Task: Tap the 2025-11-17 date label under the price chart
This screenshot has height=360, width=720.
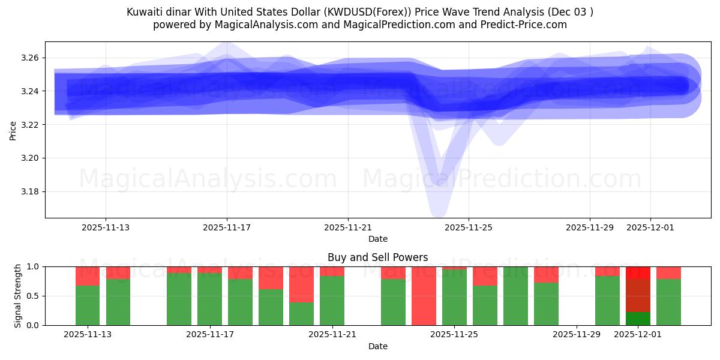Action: (227, 228)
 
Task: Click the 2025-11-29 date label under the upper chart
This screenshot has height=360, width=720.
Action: (589, 228)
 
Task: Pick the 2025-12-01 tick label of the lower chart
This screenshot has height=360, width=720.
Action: (638, 335)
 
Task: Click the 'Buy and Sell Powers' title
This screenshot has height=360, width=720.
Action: (377, 257)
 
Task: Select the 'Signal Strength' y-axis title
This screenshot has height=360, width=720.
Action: (18, 296)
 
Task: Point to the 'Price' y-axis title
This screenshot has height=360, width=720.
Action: (13, 131)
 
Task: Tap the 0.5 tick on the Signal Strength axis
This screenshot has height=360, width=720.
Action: (32, 296)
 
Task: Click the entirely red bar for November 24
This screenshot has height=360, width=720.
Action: (424, 296)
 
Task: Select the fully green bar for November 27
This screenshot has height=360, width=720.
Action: (515, 296)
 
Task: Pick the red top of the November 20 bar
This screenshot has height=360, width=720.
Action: (301, 284)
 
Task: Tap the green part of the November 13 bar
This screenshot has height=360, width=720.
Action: (88, 305)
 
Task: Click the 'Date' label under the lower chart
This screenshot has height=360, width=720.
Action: (377, 346)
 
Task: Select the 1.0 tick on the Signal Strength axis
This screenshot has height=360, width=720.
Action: (32, 266)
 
